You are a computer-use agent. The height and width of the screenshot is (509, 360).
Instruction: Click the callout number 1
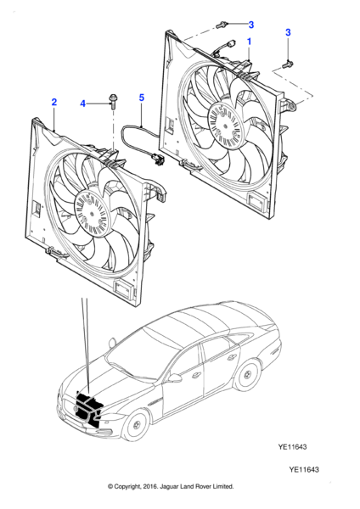click(x=250, y=41)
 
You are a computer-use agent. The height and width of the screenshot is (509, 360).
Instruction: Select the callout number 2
click(x=54, y=102)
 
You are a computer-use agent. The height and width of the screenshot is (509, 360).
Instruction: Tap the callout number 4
click(x=83, y=103)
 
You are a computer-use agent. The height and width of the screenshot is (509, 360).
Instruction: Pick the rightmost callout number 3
click(x=288, y=32)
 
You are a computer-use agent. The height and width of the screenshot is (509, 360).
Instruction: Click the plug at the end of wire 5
click(x=155, y=157)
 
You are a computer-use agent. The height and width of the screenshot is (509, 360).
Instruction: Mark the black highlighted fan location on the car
click(x=87, y=406)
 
